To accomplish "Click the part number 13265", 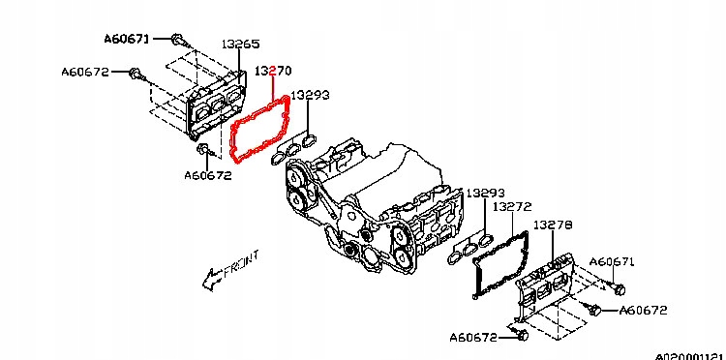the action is click(x=240, y=45).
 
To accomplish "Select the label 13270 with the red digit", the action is click(x=273, y=72).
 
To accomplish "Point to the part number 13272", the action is click(x=512, y=207).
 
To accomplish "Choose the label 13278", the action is click(x=553, y=225).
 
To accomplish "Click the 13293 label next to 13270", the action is click(x=310, y=95).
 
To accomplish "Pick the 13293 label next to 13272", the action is click(x=485, y=193).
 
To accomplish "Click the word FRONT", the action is click(x=241, y=264).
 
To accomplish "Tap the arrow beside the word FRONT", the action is click(x=212, y=280).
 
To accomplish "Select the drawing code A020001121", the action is click(x=690, y=356).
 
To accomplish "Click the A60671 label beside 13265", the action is click(x=127, y=39).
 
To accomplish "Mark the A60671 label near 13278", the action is click(x=612, y=262).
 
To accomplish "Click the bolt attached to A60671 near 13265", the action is click(x=178, y=40).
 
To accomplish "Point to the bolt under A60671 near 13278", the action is click(x=618, y=287).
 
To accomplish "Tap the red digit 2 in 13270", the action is click(x=273, y=72).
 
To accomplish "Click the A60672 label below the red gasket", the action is click(x=208, y=176).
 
